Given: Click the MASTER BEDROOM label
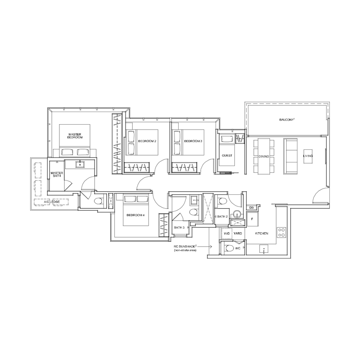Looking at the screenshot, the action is (75, 136).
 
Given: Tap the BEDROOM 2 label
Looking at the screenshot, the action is (147, 141).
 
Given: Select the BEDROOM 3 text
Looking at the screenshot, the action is (193, 141).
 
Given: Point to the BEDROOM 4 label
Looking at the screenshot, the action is (135, 215).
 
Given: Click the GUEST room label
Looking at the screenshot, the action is (227, 155).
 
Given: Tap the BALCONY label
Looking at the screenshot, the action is (287, 120).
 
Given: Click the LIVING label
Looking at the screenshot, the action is (308, 156).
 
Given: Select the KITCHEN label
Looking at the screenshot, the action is (261, 233).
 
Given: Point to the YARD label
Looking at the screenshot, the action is (238, 233).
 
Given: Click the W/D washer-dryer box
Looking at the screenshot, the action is (227, 234).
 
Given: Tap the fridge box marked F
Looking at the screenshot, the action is (252, 219).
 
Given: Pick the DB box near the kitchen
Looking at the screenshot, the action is (252, 208).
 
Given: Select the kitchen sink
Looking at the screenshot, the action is (264, 249).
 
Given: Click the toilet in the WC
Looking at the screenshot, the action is (229, 248).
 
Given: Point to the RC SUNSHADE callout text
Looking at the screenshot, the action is (184, 248).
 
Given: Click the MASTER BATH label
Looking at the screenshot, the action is (57, 174).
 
